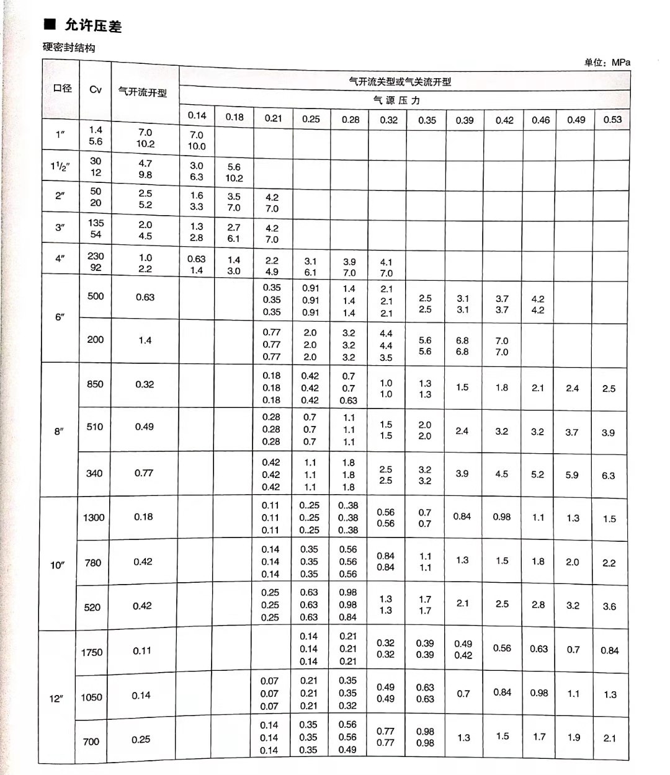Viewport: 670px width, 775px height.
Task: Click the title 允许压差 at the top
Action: click(x=92, y=25)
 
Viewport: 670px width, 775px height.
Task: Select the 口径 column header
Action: click(x=62, y=89)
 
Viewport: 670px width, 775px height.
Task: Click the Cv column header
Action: click(x=96, y=89)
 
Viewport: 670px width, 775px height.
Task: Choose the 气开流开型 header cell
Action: click(x=143, y=92)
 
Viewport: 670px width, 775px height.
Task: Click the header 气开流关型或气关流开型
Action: click(x=400, y=81)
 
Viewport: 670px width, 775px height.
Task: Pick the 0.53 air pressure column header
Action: click(x=612, y=120)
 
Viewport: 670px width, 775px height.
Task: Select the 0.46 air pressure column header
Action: click(x=540, y=120)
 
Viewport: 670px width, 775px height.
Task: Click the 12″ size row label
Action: click(x=57, y=699)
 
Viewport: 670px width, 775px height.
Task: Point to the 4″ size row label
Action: click(x=60, y=259)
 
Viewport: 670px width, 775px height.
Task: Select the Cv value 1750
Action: click(x=92, y=652)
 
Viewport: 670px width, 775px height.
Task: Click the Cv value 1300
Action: click(x=94, y=517)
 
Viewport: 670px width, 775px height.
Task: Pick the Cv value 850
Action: click(x=95, y=384)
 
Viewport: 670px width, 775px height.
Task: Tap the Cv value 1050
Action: click(x=91, y=697)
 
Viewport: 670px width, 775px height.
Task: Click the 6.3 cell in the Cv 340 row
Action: click(x=608, y=476)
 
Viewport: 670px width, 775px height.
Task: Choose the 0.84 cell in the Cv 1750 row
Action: click(x=609, y=650)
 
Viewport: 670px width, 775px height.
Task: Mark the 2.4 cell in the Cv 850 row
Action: click(x=572, y=388)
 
